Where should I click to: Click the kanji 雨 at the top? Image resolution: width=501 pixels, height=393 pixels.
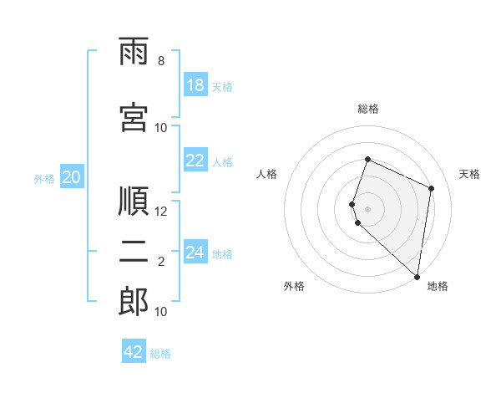click(134, 51)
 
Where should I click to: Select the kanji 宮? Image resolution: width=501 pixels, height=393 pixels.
click(134, 117)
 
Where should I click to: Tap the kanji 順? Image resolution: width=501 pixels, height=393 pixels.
click(134, 201)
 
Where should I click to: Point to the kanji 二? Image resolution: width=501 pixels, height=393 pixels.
click(134, 252)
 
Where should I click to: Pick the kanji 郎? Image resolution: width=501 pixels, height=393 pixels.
click(134, 302)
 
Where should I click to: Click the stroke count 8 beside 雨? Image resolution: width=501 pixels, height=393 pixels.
click(161, 61)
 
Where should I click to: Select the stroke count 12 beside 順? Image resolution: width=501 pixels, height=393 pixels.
click(160, 212)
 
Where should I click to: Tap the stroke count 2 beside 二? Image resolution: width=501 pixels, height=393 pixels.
click(161, 262)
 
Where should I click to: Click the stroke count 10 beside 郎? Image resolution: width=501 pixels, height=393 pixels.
click(160, 312)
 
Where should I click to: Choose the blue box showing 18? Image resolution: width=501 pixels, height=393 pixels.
click(195, 84)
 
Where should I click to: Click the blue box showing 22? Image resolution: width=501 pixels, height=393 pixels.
click(195, 160)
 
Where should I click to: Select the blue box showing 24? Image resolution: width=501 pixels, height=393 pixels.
click(195, 251)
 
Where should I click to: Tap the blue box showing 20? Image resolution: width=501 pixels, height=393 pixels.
click(72, 176)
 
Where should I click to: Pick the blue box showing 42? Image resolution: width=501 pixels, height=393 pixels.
click(134, 350)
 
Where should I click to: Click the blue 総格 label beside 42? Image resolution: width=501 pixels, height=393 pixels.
click(160, 354)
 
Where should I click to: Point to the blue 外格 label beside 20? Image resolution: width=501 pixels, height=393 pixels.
click(44, 179)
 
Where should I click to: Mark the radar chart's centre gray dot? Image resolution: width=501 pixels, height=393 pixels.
click(367, 209)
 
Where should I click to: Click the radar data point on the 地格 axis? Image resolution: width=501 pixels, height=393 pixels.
click(417, 277)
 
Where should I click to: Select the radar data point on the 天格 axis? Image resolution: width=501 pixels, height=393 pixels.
click(431, 188)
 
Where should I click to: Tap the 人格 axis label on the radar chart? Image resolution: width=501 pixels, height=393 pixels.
click(266, 174)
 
